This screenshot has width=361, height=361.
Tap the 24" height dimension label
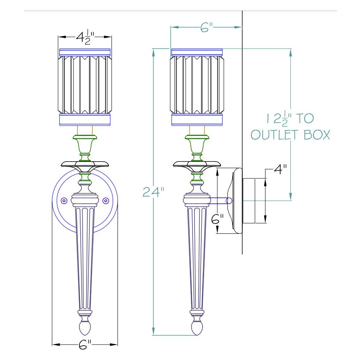153,192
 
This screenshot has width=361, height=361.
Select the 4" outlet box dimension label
280,169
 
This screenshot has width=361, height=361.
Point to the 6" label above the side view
206,27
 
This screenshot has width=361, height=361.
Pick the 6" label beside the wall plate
217,219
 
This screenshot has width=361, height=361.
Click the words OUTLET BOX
290,135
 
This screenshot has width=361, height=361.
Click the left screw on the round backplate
64,201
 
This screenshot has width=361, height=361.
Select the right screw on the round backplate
105,201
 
